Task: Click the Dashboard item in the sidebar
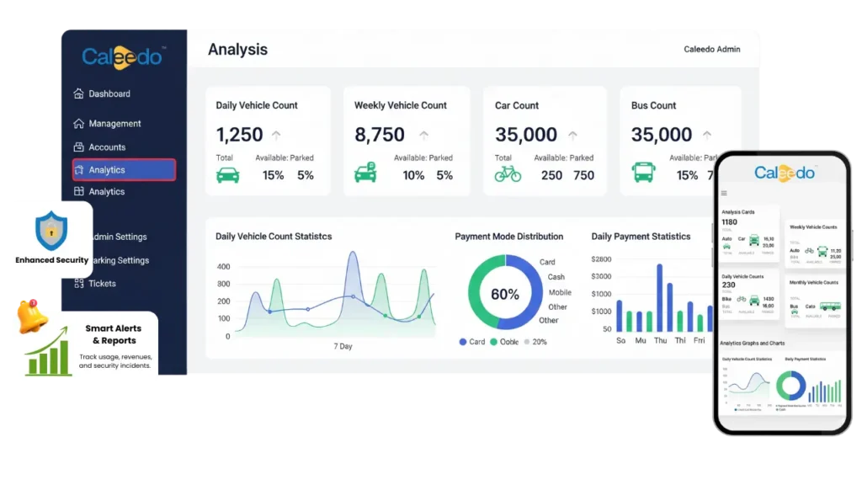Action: pyautogui.click(x=109, y=93)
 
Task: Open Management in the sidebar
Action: pyautogui.click(x=114, y=124)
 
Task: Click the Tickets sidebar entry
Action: pyautogui.click(x=102, y=284)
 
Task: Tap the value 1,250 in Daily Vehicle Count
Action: pyautogui.click(x=239, y=135)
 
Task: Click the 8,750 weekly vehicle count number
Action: pyautogui.click(x=379, y=135)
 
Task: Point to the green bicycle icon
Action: pyautogui.click(x=508, y=174)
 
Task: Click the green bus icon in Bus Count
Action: pyautogui.click(x=644, y=174)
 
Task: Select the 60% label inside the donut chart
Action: pyautogui.click(x=505, y=295)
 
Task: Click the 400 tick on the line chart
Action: pyautogui.click(x=223, y=267)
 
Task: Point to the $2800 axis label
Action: pyautogui.click(x=601, y=260)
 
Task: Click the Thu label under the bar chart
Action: pyautogui.click(x=660, y=341)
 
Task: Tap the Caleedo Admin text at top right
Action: pyautogui.click(x=712, y=50)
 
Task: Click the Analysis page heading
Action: pyautogui.click(x=237, y=50)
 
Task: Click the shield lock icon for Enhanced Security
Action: pyautogui.click(x=51, y=230)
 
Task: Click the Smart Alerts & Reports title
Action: pyautogui.click(x=114, y=334)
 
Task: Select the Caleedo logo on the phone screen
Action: pyautogui.click(x=784, y=173)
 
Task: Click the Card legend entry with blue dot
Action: pyautogui.click(x=471, y=342)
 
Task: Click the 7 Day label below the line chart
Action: pyautogui.click(x=343, y=347)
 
